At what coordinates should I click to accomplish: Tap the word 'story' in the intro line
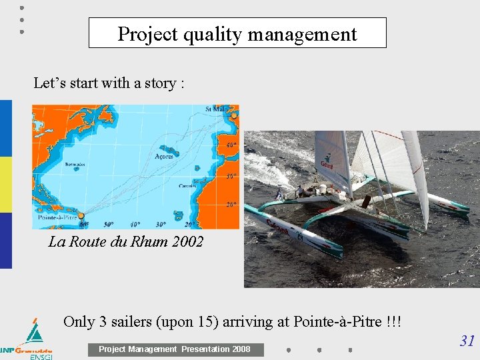[157, 83]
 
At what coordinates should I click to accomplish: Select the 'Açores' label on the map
[164, 156]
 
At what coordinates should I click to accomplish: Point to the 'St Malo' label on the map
[217, 109]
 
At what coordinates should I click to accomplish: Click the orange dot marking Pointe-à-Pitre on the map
[81, 215]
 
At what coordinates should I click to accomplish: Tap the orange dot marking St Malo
[233, 116]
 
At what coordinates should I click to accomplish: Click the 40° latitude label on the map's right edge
[231, 145]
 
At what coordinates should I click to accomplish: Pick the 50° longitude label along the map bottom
[108, 224]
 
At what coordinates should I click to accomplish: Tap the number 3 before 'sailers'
[103, 322]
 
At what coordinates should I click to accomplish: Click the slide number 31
[467, 341]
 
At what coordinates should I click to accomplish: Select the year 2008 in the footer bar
[240, 349]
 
